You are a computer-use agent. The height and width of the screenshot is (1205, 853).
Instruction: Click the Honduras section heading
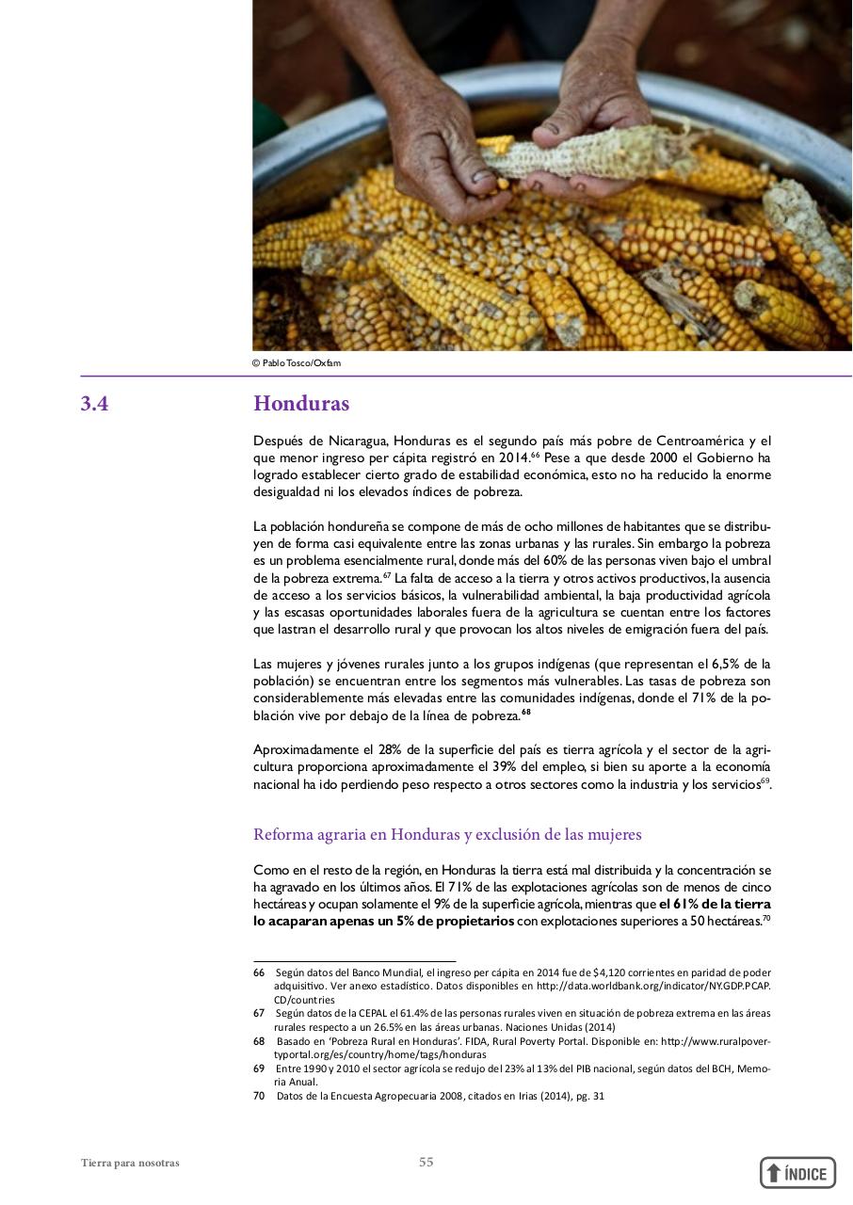[x=301, y=404]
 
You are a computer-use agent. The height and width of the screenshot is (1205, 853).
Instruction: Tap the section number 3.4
[x=94, y=404]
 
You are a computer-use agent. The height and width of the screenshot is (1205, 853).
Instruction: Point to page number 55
[x=426, y=1163]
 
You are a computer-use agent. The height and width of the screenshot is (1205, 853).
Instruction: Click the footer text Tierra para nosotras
[x=130, y=1164]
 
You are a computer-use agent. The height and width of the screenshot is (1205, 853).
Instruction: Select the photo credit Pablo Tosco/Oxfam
[x=301, y=363]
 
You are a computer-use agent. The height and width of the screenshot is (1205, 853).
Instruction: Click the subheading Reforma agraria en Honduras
[x=447, y=835]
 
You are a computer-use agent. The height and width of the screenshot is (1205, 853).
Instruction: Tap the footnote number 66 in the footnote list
[x=259, y=972]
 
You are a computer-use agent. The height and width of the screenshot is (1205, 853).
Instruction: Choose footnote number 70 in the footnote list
[x=259, y=1096]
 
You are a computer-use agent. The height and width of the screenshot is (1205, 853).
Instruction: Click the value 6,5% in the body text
[x=723, y=664]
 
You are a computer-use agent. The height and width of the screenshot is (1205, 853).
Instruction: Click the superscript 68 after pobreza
[x=526, y=713]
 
